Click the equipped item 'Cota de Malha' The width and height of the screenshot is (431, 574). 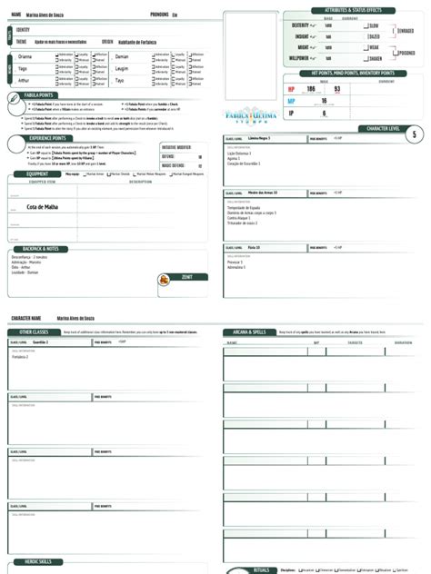pos(42,207)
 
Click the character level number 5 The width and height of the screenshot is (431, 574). pos(415,134)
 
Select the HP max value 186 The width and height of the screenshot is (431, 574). pos(311,89)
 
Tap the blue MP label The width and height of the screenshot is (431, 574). pos(291,101)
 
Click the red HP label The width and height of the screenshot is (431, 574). pos(291,89)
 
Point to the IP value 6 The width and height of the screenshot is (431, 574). pos(325,114)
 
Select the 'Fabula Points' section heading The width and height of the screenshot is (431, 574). pos(37,94)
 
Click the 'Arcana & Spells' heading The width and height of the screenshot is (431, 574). pos(250,332)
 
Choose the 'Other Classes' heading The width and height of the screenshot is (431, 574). pos(34,332)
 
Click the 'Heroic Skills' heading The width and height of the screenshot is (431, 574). pos(37,562)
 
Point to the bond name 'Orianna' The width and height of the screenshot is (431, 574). pos(25,56)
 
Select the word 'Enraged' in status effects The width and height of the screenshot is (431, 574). pos(405,30)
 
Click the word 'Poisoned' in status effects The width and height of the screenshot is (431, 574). pos(406,53)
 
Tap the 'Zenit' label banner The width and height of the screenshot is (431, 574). pos(187,277)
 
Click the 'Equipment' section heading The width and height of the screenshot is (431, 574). pos(37,173)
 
